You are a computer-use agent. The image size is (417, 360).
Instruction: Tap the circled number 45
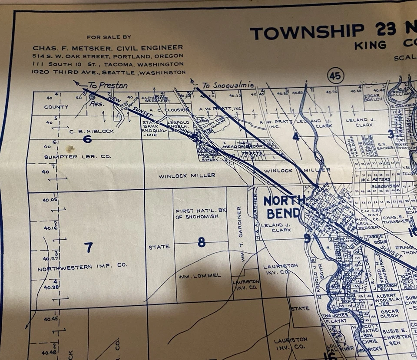(x=335, y=76)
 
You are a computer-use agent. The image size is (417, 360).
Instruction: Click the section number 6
(x=87, y=139)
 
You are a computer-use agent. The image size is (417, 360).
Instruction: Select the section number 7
(x=89, y=247)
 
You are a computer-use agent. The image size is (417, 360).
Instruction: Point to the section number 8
(x=202, y=242)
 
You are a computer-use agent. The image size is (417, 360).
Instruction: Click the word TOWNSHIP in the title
(x=307, y=32)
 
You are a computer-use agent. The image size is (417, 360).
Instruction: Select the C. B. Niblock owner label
(x=92, y=131)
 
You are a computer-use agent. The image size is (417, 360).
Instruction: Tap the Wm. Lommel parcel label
(x=200, y=276)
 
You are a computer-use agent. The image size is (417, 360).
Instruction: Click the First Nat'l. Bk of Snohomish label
(x=200, y=214)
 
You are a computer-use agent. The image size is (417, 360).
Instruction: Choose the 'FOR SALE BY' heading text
(x=109, y=37)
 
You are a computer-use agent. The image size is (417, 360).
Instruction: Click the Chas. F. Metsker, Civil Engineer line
(x=108, y=47)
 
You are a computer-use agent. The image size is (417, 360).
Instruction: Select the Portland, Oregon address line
(x=108, y=56)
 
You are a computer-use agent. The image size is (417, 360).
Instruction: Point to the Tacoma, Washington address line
(x=108, y=64)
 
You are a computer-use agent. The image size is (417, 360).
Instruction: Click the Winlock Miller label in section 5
(x=187, y=175)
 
